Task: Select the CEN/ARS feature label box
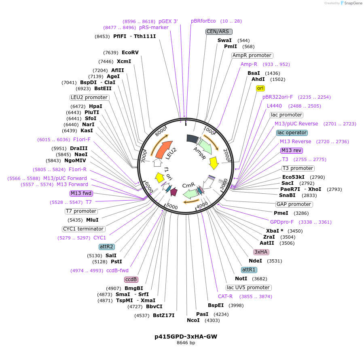[219, 32]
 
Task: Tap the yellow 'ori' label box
[260, 88]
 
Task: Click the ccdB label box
[131, 280]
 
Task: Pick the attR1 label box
[249, 270]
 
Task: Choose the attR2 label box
[106, 247]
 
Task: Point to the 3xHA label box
[261, 252]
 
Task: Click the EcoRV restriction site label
[130, 53]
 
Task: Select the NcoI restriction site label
[193, 320]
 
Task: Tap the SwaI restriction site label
[224, 40]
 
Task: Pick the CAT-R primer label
[225, 296]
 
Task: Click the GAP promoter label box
[294, 204]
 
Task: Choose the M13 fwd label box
[81, 193]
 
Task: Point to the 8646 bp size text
[186, 343]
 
